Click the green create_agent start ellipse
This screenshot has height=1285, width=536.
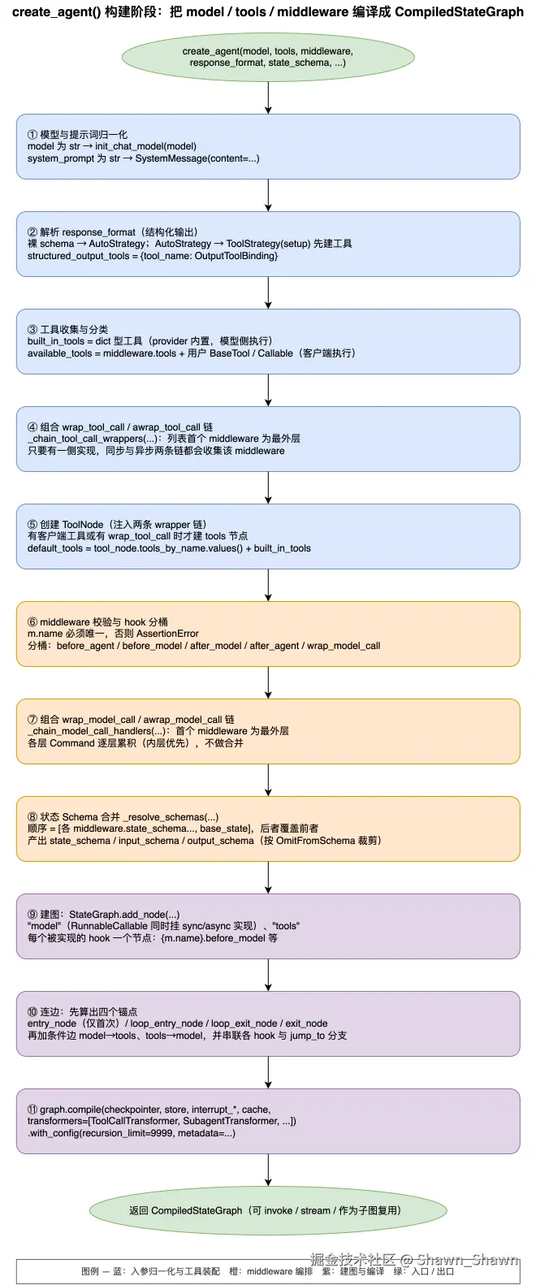tap(268, 57)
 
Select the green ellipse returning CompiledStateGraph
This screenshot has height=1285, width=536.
tap(268, 1210)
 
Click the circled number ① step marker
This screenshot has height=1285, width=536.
tap(32, 135)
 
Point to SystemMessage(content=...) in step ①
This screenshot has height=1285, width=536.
tap(197, 158)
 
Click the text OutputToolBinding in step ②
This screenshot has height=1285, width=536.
tap(236, 256)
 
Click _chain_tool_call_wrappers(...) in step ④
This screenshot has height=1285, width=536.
tap(91, 439)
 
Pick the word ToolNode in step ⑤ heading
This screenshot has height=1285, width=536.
tap(83, 525)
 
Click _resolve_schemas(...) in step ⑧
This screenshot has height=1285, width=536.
tap(171, 817)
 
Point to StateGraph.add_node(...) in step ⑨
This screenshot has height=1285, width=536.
tap(124, 915)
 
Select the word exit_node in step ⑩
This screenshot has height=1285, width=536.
tap(307, 1023)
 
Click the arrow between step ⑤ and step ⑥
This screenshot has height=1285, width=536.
tap(268, 585)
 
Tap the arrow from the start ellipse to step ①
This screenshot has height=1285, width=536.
tap(268, 97)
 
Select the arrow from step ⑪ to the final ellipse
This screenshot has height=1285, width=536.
tap(268, 1170)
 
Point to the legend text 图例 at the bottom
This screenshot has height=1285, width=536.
tap(90, 1271)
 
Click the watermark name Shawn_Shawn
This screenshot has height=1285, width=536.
tap(467, 1260)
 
